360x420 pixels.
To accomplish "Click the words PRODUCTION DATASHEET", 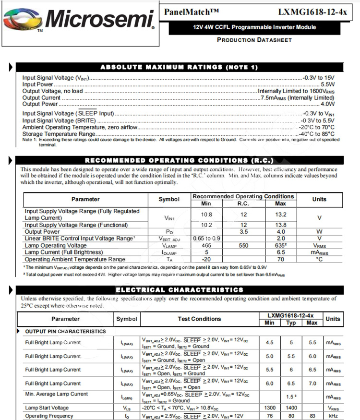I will [x=254, y=40].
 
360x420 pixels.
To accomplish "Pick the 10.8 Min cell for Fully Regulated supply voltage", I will [x=206, y=214].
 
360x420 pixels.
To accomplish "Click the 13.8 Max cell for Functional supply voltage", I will [x=281, y=225].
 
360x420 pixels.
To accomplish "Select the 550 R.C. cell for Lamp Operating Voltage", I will [x=244, y=245].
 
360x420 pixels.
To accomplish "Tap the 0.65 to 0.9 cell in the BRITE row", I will [x=206, y=238].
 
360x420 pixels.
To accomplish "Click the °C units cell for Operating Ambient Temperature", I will [x=319, y=259].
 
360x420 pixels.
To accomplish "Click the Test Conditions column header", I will [x=199, y=319].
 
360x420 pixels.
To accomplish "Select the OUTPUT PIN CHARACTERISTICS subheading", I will [x=65, y=331].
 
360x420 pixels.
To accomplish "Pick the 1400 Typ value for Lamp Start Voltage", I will [x=290, y=408].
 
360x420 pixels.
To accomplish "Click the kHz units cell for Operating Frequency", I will [x=333, y=416].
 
